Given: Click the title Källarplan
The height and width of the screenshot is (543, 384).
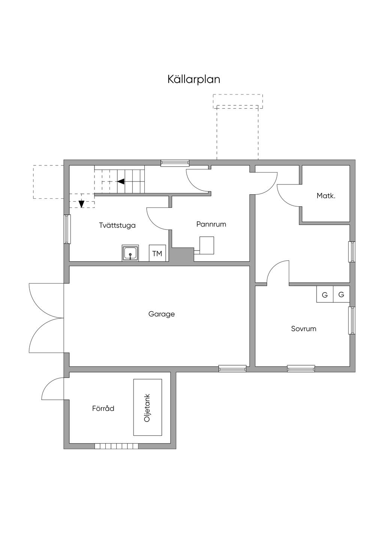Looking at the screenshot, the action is coord(194,79).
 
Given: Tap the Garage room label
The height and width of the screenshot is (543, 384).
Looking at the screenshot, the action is coord(162,314).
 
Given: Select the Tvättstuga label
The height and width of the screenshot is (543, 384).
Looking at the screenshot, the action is coord(117,225).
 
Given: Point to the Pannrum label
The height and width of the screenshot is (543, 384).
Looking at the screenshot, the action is coord(211,224).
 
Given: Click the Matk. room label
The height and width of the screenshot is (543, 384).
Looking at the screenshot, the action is coord(326,196).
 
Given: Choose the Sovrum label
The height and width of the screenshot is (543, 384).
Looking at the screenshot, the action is coord(303,329).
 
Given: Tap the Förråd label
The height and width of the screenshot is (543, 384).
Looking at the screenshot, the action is coord(103,408).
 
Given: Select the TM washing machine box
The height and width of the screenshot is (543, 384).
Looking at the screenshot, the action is coord(157,253).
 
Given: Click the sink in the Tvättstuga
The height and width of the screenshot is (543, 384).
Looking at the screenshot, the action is coord(130,253).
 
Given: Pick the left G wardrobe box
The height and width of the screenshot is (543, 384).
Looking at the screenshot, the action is coord(325,294).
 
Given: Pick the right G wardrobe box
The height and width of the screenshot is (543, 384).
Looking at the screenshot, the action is coord(341,294).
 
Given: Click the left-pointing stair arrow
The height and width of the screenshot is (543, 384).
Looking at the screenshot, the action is coord(121,181).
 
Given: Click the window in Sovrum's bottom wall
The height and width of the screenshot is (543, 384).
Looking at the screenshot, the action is coord(301,369).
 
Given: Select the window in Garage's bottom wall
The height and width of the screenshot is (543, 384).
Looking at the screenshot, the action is coord(232,369).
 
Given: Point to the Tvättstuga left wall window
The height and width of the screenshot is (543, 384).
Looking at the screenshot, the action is coord(67,229).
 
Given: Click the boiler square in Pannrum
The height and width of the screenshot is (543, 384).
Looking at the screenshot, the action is coord(207,245).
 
